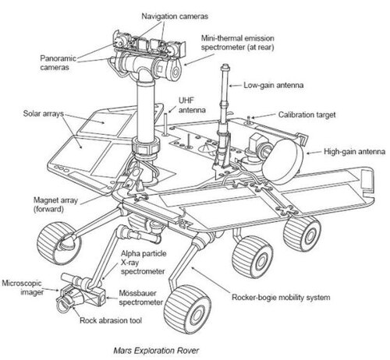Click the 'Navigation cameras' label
[x=175, y=16]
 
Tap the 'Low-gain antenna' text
[x=273, y=85]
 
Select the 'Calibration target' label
[x=307, y=115]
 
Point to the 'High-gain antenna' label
[x=354, y=152]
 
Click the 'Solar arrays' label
[x=44, y=114]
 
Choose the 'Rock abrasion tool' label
[x=111, y=320]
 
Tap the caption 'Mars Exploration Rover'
[x=156, y=351]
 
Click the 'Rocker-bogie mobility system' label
[x=281, y=297]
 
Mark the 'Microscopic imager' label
[x=23, y=288]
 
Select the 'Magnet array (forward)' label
[x=55, y=205]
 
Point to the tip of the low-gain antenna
[x=225, y=65]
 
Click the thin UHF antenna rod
[x=165, y=124]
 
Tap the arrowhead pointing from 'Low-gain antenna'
[x=231, y=86]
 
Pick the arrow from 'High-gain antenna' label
[x=314, y=153]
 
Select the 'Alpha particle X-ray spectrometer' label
[x=144, y=263]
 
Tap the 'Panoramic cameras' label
[x=58, y=62]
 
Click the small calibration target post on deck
[x=249, y=120]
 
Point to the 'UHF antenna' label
[x=192, y=105]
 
